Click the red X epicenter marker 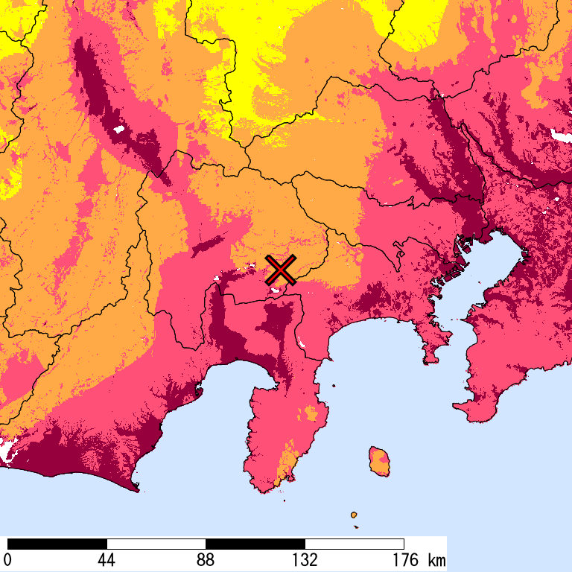tap(281, 270)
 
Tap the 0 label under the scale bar tap(7, 559)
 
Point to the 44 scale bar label tap(107, 559)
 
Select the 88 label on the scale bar tap(206, 559)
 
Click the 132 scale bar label tap(305, 559)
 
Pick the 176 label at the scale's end tap(404, 559)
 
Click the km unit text tap(436, 559)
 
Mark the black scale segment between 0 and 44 tap(57, 544)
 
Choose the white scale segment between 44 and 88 tap(156, 544)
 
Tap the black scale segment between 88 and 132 tap(255, 544)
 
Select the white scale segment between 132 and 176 tap(355, 544)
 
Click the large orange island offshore tap(381, 461)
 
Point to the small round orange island tap(353, 515)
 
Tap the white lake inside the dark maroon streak tap(118, 130)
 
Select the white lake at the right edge tap(560, 135)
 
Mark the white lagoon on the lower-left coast tap(9, 449)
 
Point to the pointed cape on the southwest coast tap(137, 489)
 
